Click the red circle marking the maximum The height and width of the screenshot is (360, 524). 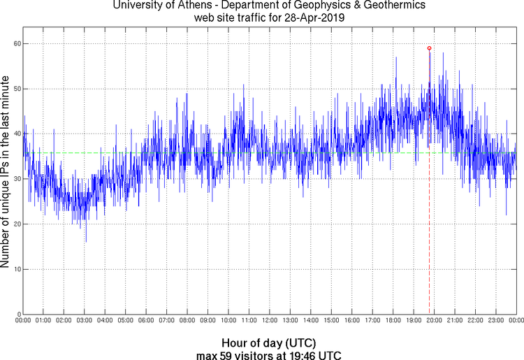(x=429, y=48)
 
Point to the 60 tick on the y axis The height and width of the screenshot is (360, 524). (x=16, y=43)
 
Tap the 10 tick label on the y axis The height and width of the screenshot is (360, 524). (x=16, y=269)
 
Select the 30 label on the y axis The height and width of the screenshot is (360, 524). (x=16, y=179)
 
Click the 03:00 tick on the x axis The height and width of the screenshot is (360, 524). (x=84, y=321)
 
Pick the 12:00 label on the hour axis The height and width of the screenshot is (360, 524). (x=269, y=321)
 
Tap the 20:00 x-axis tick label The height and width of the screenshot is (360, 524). (x=434, y=321)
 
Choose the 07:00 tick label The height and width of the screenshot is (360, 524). (x=166, y=321)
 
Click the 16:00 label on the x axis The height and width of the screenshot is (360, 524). (x=351, y=321)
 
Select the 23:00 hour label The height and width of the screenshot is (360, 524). (x=495, y=321)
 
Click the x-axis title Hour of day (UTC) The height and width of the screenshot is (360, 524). (x=269, y=343)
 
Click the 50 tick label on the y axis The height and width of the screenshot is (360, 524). (x=16, y=89)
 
